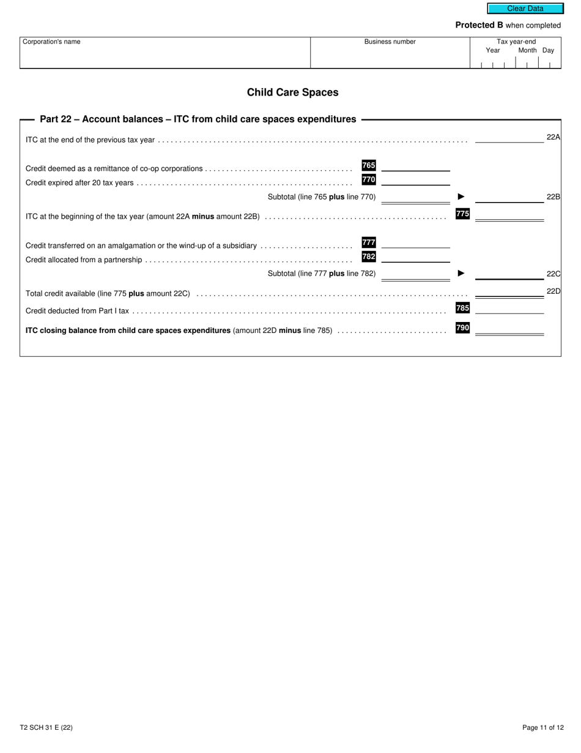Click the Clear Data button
tap(525, 9)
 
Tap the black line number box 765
tap(369, 165)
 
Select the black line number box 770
tap(369, 179)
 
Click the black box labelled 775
tap(463, 214)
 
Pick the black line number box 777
tap(369, 242)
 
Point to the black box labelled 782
tap(369, 257)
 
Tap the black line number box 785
tap(463, 308)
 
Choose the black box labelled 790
tap(463, 328)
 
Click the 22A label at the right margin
tap(553, 137)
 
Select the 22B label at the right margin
tap(553, 197)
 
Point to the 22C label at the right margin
tap(553, 274)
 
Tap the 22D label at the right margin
tap(553, 291)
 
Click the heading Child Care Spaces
tap(292, 92)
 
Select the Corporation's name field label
tap(51, 42)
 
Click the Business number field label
tap(390, 42)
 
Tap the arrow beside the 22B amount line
tap(461, 197)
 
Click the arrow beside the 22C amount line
tap(461, 273)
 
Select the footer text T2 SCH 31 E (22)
tap(46, 728)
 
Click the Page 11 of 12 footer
tap(543, 728)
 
